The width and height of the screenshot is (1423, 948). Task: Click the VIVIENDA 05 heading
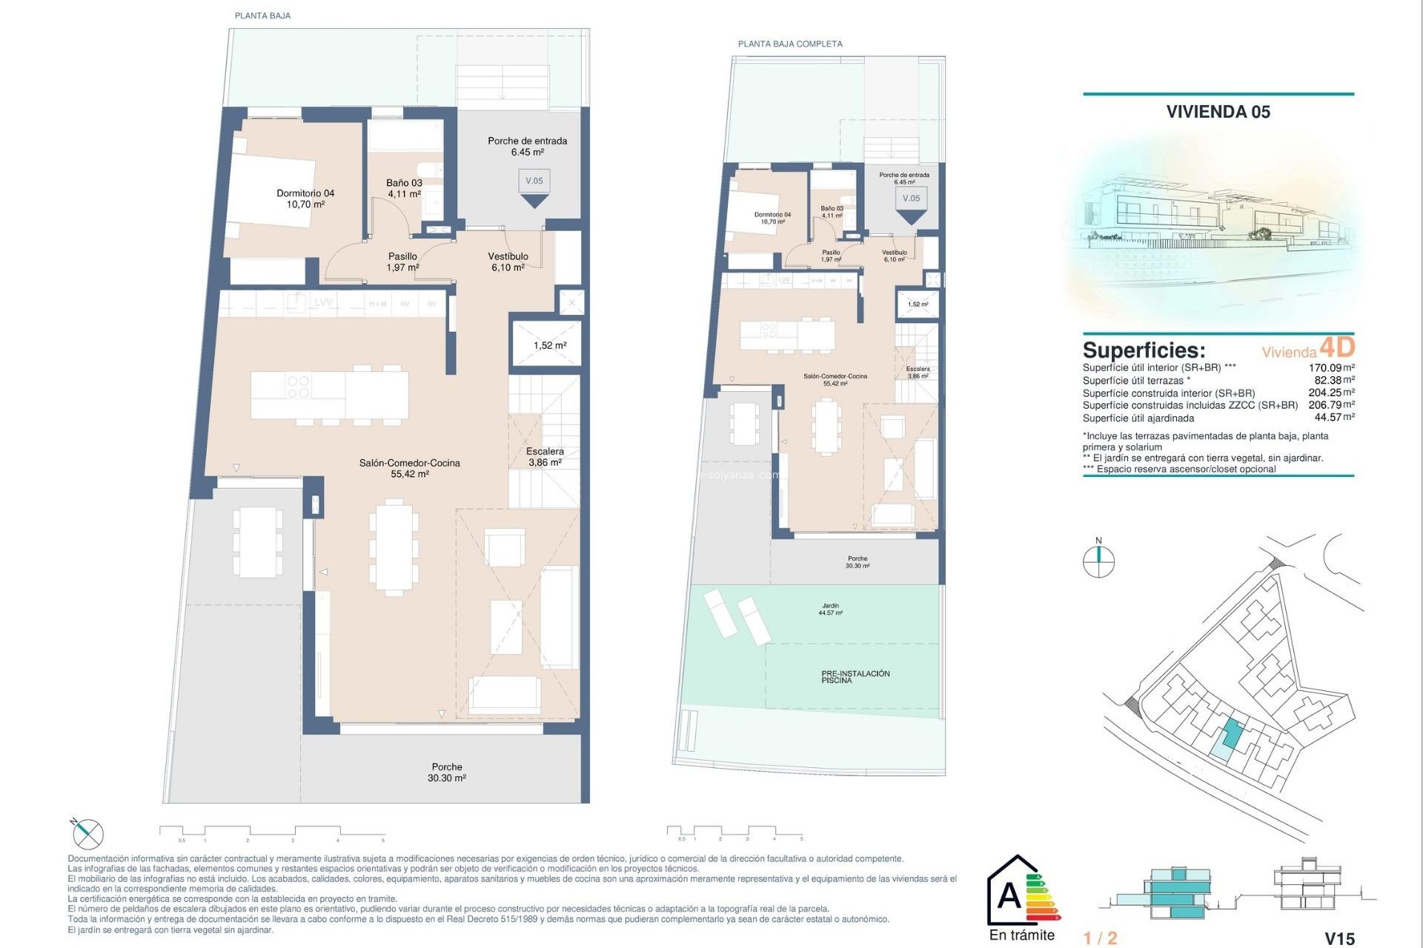tap(1218, 112)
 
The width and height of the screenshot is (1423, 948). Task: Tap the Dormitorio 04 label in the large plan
tap(305, 198)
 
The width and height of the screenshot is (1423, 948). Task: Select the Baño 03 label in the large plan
tap(404, 188)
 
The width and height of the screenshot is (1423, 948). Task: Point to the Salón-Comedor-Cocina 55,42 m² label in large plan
tap(409, 468)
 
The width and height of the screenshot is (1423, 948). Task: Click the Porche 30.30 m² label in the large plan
tap(446, 772)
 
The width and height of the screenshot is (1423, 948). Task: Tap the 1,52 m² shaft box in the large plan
tap(549, 345)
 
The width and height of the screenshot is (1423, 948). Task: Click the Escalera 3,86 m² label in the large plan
tap(545, 456)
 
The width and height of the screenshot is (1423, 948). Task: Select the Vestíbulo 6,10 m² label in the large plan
tap(508, 261)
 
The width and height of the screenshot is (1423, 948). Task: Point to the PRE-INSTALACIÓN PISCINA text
tap(855, 676)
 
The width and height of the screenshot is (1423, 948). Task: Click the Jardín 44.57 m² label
tap(830, 609)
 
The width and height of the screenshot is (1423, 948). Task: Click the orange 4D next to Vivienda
tap(1337, 347)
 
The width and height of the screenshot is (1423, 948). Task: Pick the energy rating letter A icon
tap(1009, 897)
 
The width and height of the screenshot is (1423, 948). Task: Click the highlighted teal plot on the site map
tap(1230, 733)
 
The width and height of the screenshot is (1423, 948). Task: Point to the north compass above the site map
tap(1098, 561)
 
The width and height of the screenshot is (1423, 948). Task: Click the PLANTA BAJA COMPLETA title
tap(790, 44)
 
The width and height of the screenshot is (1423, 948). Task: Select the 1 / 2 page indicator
tap(1100, 938)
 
